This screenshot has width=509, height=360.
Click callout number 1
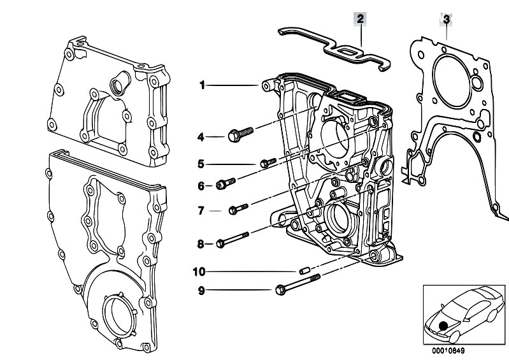pos(201,85)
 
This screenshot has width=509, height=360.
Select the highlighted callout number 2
pos(361,19)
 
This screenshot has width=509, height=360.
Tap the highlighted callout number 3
pos(447,19)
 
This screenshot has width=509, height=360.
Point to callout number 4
pos(201,136)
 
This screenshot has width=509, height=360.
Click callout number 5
pos(201,164)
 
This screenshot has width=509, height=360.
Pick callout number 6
pos(201,186)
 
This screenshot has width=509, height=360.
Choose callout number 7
pos(201,210)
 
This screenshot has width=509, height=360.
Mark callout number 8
pos(201,243)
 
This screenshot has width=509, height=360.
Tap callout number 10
pos(199,271)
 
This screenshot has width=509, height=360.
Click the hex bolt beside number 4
pos(240,134)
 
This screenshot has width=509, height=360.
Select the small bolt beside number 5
pos(267,163)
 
